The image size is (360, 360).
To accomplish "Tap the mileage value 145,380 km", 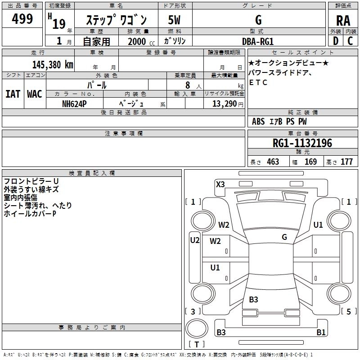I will tap(52, 65).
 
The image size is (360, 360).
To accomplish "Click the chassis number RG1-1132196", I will tap(302, 143).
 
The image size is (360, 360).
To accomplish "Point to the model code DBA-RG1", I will tap(258, 41).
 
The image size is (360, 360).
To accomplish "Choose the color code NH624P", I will tap(74, 103).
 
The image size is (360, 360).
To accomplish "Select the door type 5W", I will tap(174, 20).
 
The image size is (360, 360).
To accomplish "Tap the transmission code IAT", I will tap(13, 94).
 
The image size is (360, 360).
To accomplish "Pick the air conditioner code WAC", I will tap(34, 94).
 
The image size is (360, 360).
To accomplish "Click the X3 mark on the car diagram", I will tap(220, 184).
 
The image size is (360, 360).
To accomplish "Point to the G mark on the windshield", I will tap(284, 237).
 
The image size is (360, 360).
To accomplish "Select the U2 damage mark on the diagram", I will tap(194, 240).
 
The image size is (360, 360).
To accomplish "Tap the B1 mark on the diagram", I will tap(321, 333).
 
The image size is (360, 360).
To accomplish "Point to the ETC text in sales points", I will tap(258, 82).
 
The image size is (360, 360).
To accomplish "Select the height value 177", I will tap(346, 162).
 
